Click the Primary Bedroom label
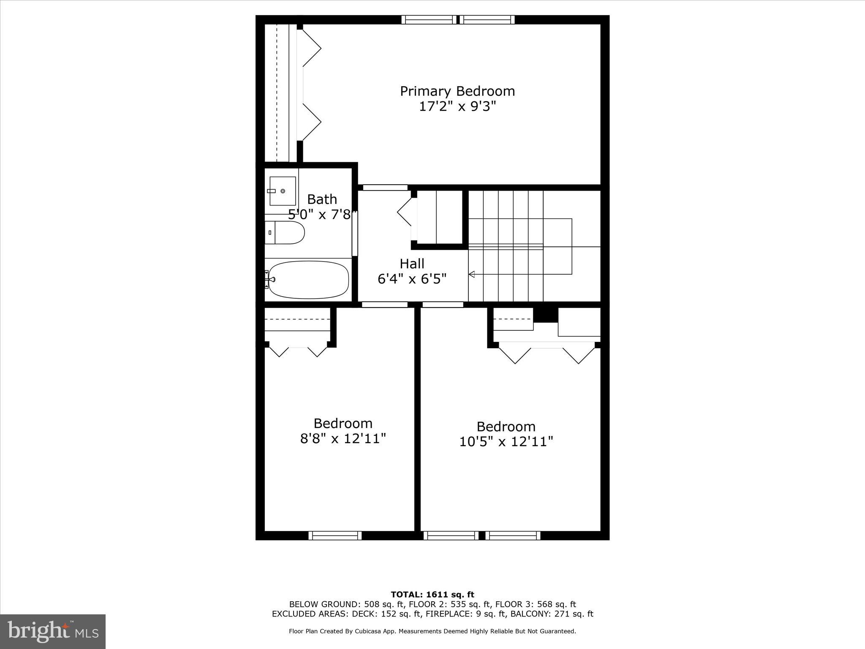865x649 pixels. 457,91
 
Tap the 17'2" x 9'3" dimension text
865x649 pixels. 457,106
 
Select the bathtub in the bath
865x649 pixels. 308,279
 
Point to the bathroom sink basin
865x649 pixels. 282,191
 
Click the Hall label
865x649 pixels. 412,264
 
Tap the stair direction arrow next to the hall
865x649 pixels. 472,275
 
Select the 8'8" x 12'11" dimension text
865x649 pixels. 343,439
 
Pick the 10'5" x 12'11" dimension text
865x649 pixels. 506,442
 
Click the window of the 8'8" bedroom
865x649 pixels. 335,535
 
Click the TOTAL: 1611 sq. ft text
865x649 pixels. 432,594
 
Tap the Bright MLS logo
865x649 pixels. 53,631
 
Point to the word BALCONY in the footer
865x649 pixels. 531,614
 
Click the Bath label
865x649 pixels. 322,199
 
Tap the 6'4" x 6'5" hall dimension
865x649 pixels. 412,279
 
